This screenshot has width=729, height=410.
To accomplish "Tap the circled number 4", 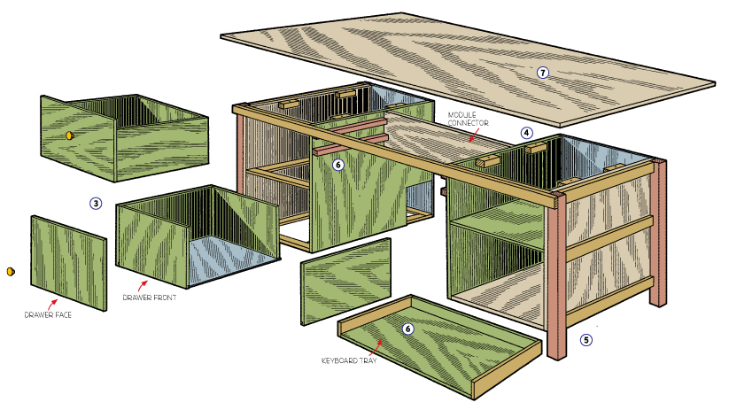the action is tap(527, 134).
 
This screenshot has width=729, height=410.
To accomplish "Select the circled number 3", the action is tap(96, 203).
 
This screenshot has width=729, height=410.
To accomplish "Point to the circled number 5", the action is tap(586, 338).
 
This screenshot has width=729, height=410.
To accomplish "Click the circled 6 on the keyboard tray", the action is tap(408, 329).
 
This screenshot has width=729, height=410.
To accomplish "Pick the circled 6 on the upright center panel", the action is tap(337, 164).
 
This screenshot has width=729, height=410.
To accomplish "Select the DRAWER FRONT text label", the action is tap(150, 298).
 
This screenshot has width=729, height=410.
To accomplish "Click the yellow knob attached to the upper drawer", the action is tap(68, 135).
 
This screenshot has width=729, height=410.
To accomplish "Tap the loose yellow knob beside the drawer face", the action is tap(11, 270).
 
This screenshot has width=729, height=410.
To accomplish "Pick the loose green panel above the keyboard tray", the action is tap(346, 280).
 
